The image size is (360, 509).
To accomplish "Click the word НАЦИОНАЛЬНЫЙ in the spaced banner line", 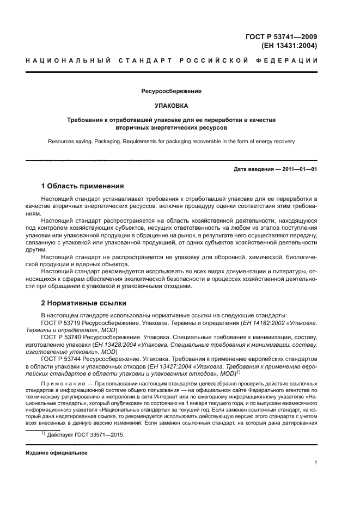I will (65, 60).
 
